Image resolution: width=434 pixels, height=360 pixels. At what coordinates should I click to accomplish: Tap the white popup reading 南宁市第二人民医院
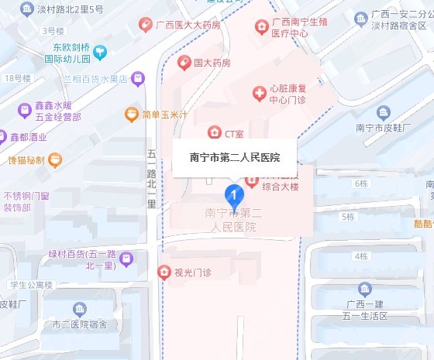pyautogui.click(x=235, y=157)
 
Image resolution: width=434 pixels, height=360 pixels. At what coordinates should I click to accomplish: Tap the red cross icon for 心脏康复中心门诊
pyautogui.click(x=260, y=94)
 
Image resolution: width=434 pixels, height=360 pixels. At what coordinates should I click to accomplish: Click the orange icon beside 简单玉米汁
pyautogui.click(x=131, y=115)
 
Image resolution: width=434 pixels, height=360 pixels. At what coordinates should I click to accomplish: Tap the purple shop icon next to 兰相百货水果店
pyautogui.click(x=137, y=78)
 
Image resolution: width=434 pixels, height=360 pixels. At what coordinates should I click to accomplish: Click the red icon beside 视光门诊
pyautogui.click(x=164, y=272)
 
